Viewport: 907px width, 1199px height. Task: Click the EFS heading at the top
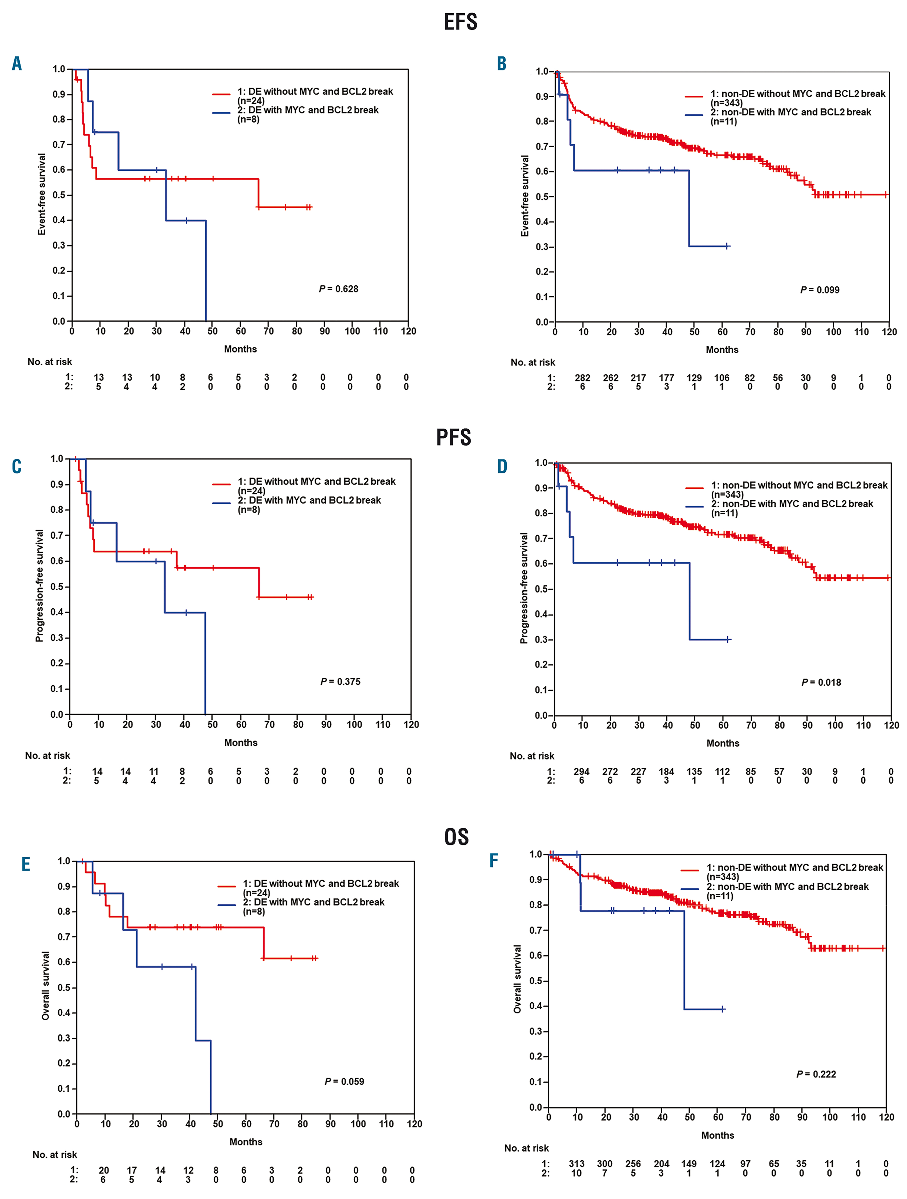(x=460, y=22)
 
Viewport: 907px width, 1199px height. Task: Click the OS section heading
(x=456, y=837)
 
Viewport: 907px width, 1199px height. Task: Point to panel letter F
(x=494, y=860)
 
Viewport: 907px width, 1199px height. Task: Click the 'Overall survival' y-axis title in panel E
(x=46, y=985)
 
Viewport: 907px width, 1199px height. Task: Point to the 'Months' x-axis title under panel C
(x=241, y=743)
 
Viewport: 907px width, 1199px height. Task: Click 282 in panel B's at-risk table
(x=583, y=378)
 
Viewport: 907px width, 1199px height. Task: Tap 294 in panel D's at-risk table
(x=582, y=771)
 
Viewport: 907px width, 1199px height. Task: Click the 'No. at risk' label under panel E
(x=55, y=1155)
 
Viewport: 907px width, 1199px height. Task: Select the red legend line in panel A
(x=221, y=94)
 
